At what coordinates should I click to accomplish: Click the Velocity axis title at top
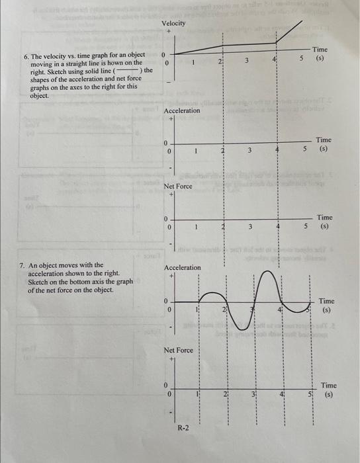[x=173, y=24]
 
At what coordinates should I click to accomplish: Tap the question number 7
[x=21, y=265]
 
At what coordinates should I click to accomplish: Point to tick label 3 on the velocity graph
[x=246, y=62]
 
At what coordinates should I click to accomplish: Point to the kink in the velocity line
[x=277, y=44]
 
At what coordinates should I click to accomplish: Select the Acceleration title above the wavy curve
[x=182, y=267]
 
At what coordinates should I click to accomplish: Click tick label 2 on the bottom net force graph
[x=224, y=394]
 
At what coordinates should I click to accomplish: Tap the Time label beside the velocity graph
[x=320, y=50]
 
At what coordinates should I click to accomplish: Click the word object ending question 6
[x=39, y=95]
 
